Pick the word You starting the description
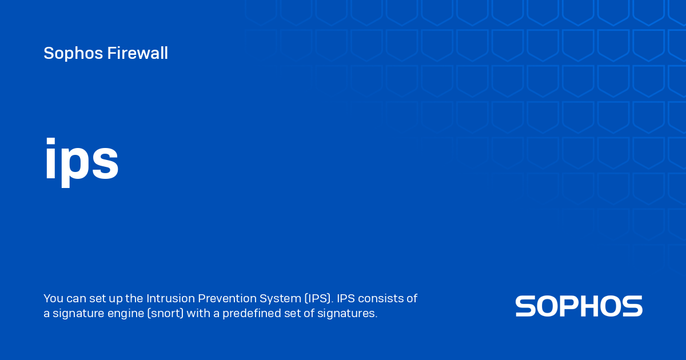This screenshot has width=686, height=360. (x=53, y=298)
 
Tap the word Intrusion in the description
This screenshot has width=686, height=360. (x=170, y=298)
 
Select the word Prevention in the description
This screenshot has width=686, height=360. (x=226, y=298)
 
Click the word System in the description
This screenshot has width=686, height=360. (x=280, y=298)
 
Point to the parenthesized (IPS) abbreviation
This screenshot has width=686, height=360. (x=317, y=298)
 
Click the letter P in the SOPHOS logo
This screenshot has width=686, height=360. (x=569, y=306)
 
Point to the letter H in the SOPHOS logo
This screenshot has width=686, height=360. (x=592, y=306)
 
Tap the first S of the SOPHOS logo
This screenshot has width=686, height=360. (x=525, y=306)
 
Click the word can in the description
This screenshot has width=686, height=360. (x=77, y=298)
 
